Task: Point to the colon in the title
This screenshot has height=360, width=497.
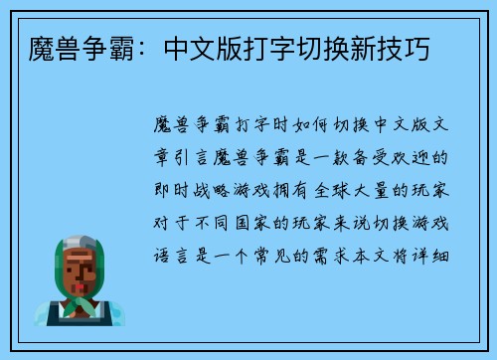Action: pyautogui.click(x=132, y=47)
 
